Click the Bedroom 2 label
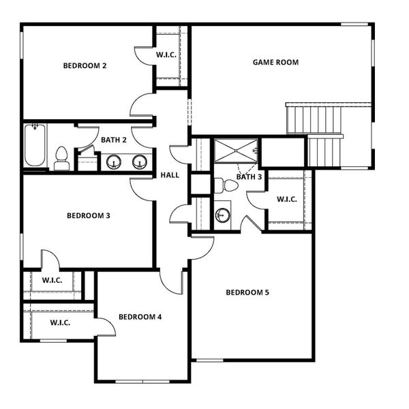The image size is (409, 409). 85,66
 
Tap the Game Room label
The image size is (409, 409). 275,62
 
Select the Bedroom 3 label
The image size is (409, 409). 89,216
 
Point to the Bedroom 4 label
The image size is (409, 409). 140,317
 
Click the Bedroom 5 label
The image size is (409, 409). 247,292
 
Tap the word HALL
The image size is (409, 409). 170,175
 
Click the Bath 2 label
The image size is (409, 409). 114,140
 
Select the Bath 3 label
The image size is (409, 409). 249,177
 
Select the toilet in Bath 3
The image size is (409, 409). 221,185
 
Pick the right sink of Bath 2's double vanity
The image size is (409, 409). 140,162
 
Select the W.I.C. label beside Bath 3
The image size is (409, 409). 287,200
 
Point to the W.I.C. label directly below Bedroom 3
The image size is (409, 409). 52,280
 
